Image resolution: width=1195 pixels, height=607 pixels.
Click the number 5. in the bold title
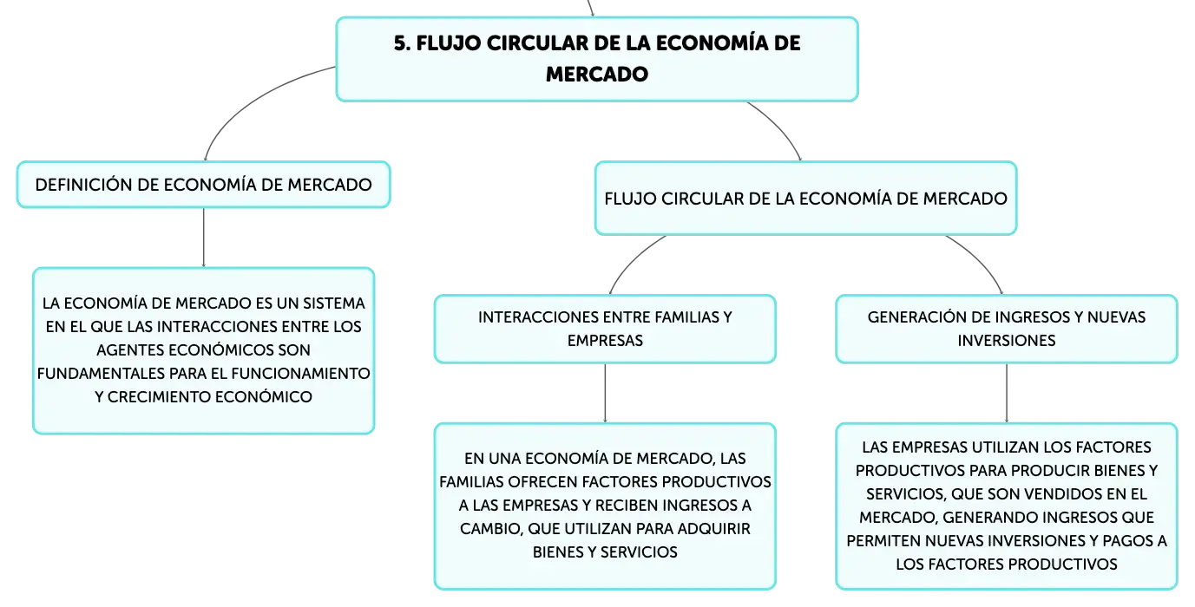[x=403, y=43]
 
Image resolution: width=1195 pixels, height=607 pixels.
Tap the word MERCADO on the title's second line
[x=597, y=74]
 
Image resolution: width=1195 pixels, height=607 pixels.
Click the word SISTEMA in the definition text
[x=334, y=303]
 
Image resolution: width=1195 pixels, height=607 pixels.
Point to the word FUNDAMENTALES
[x=101, y=374]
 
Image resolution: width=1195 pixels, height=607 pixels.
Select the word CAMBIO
[x=489, y=529]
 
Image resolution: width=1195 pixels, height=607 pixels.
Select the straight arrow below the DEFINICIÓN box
[x=204, y=238]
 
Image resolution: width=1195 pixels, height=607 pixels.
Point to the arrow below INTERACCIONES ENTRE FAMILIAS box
[x=605, y=394]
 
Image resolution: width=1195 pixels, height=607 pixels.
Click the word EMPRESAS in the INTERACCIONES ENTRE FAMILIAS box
[x=605, y=341]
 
